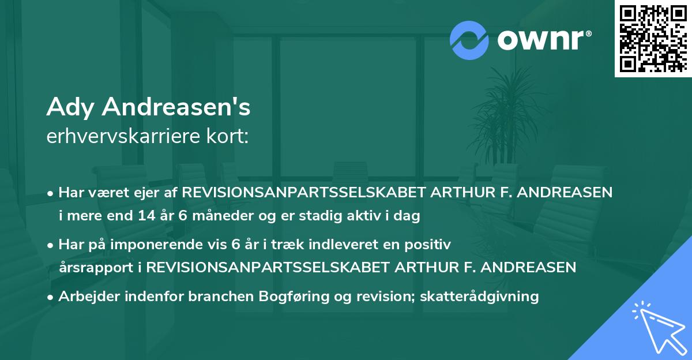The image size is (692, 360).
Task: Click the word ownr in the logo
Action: click(x=541, y=39)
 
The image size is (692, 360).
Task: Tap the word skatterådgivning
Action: click(x=480, y=297)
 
